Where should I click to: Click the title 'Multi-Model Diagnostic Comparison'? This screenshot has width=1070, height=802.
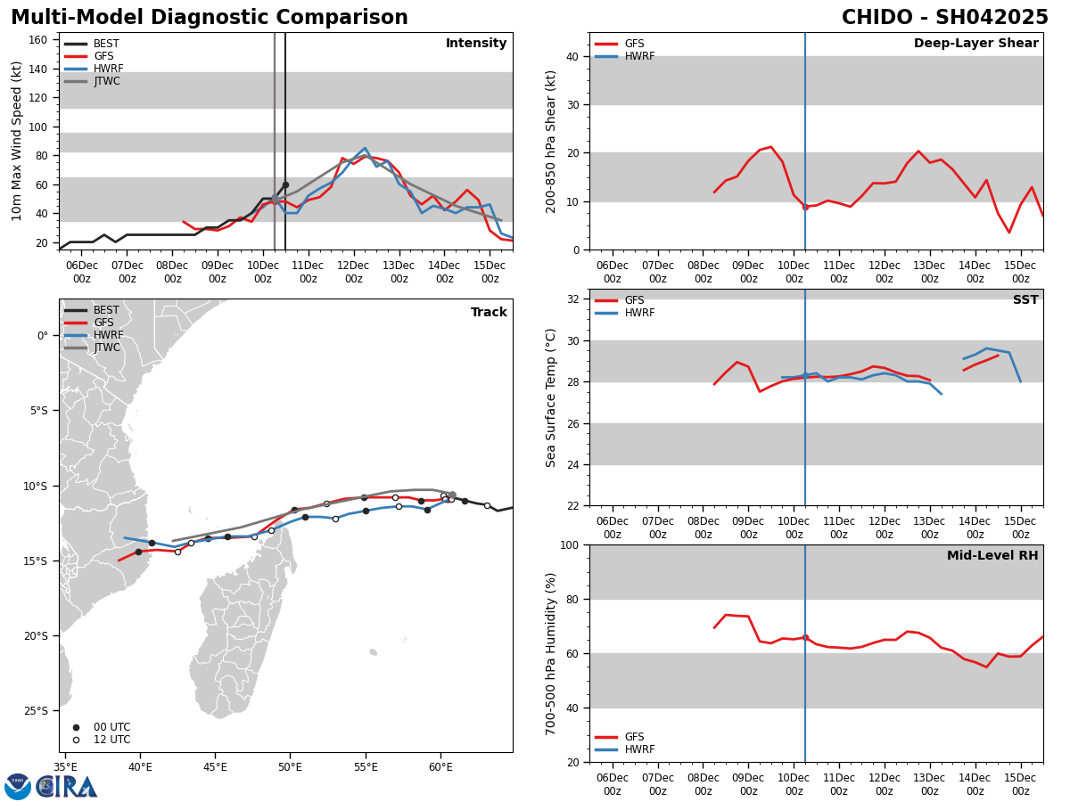[210, 18]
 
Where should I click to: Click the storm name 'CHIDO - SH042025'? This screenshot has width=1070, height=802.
[944, 18]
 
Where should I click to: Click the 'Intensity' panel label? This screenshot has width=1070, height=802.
[476, 44]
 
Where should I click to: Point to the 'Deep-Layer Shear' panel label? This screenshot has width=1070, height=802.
[975, 44]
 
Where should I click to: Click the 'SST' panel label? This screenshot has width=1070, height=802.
[1025, 300]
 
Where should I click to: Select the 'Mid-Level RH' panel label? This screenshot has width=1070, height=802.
[992, 556]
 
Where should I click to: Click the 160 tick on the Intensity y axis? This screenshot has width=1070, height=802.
[38, 40]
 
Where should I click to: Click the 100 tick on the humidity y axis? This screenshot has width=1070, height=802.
[568, 544]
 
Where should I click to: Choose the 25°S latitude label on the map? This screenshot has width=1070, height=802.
[36, 711]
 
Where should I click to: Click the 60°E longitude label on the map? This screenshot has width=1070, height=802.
[440, 766]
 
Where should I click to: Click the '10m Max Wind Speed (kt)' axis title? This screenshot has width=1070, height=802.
[18, 141]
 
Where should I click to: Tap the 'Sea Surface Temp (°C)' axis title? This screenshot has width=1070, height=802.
[551, 397]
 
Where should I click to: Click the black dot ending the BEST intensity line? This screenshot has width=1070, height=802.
[285, 185]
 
